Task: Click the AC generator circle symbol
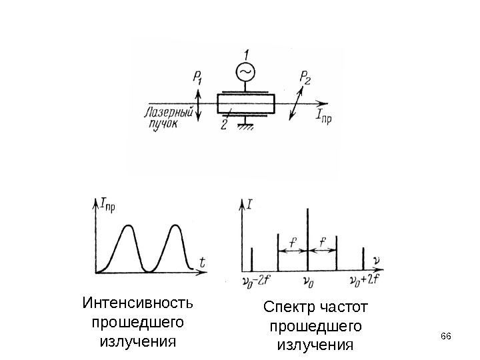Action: [x=245, y=71]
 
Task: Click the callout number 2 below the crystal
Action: [x=225, y=125]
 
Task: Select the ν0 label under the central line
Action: [x=308, y=282]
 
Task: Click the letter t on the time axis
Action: [x=201, y=263]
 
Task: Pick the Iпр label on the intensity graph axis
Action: [x=107, y=204]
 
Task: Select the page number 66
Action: [x=446, y=335]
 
